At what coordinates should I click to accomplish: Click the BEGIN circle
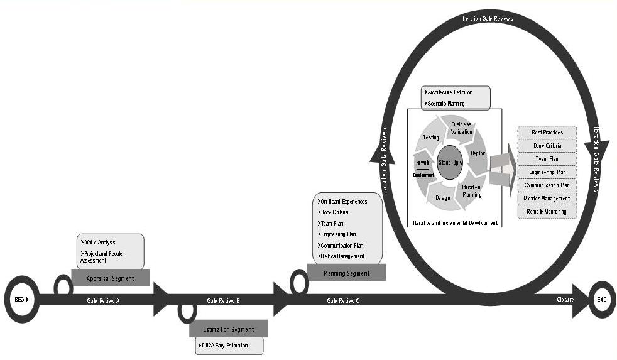[x=22, y=300]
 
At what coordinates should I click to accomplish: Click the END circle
[x=603, y=300]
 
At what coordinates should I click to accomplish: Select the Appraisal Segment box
[x=111, y=278]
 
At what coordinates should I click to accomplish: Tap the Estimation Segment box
[x=229, y=329]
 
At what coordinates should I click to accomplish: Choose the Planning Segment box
[x=346, y=273]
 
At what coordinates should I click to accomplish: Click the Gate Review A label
[x=104, y=301]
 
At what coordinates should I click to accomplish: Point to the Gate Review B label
[x=223, y=301]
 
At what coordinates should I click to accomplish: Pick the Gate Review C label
[x=343, y=301]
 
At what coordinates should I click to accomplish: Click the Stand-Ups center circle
[x=450, y=163]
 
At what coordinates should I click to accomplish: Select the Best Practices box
[x=547, y=133]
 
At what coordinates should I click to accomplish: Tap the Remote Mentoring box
[x=547, y=212]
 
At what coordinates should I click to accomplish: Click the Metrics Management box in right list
[x=547, y=199]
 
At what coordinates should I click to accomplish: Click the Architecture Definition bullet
[x=450, y=92]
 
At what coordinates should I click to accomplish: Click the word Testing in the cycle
[x=430, y=137]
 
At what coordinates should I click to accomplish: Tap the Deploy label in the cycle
[x=478, y=153]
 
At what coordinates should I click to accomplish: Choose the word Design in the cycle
[x=442, y=198]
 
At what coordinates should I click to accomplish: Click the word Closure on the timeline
[x=565, y=300]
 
